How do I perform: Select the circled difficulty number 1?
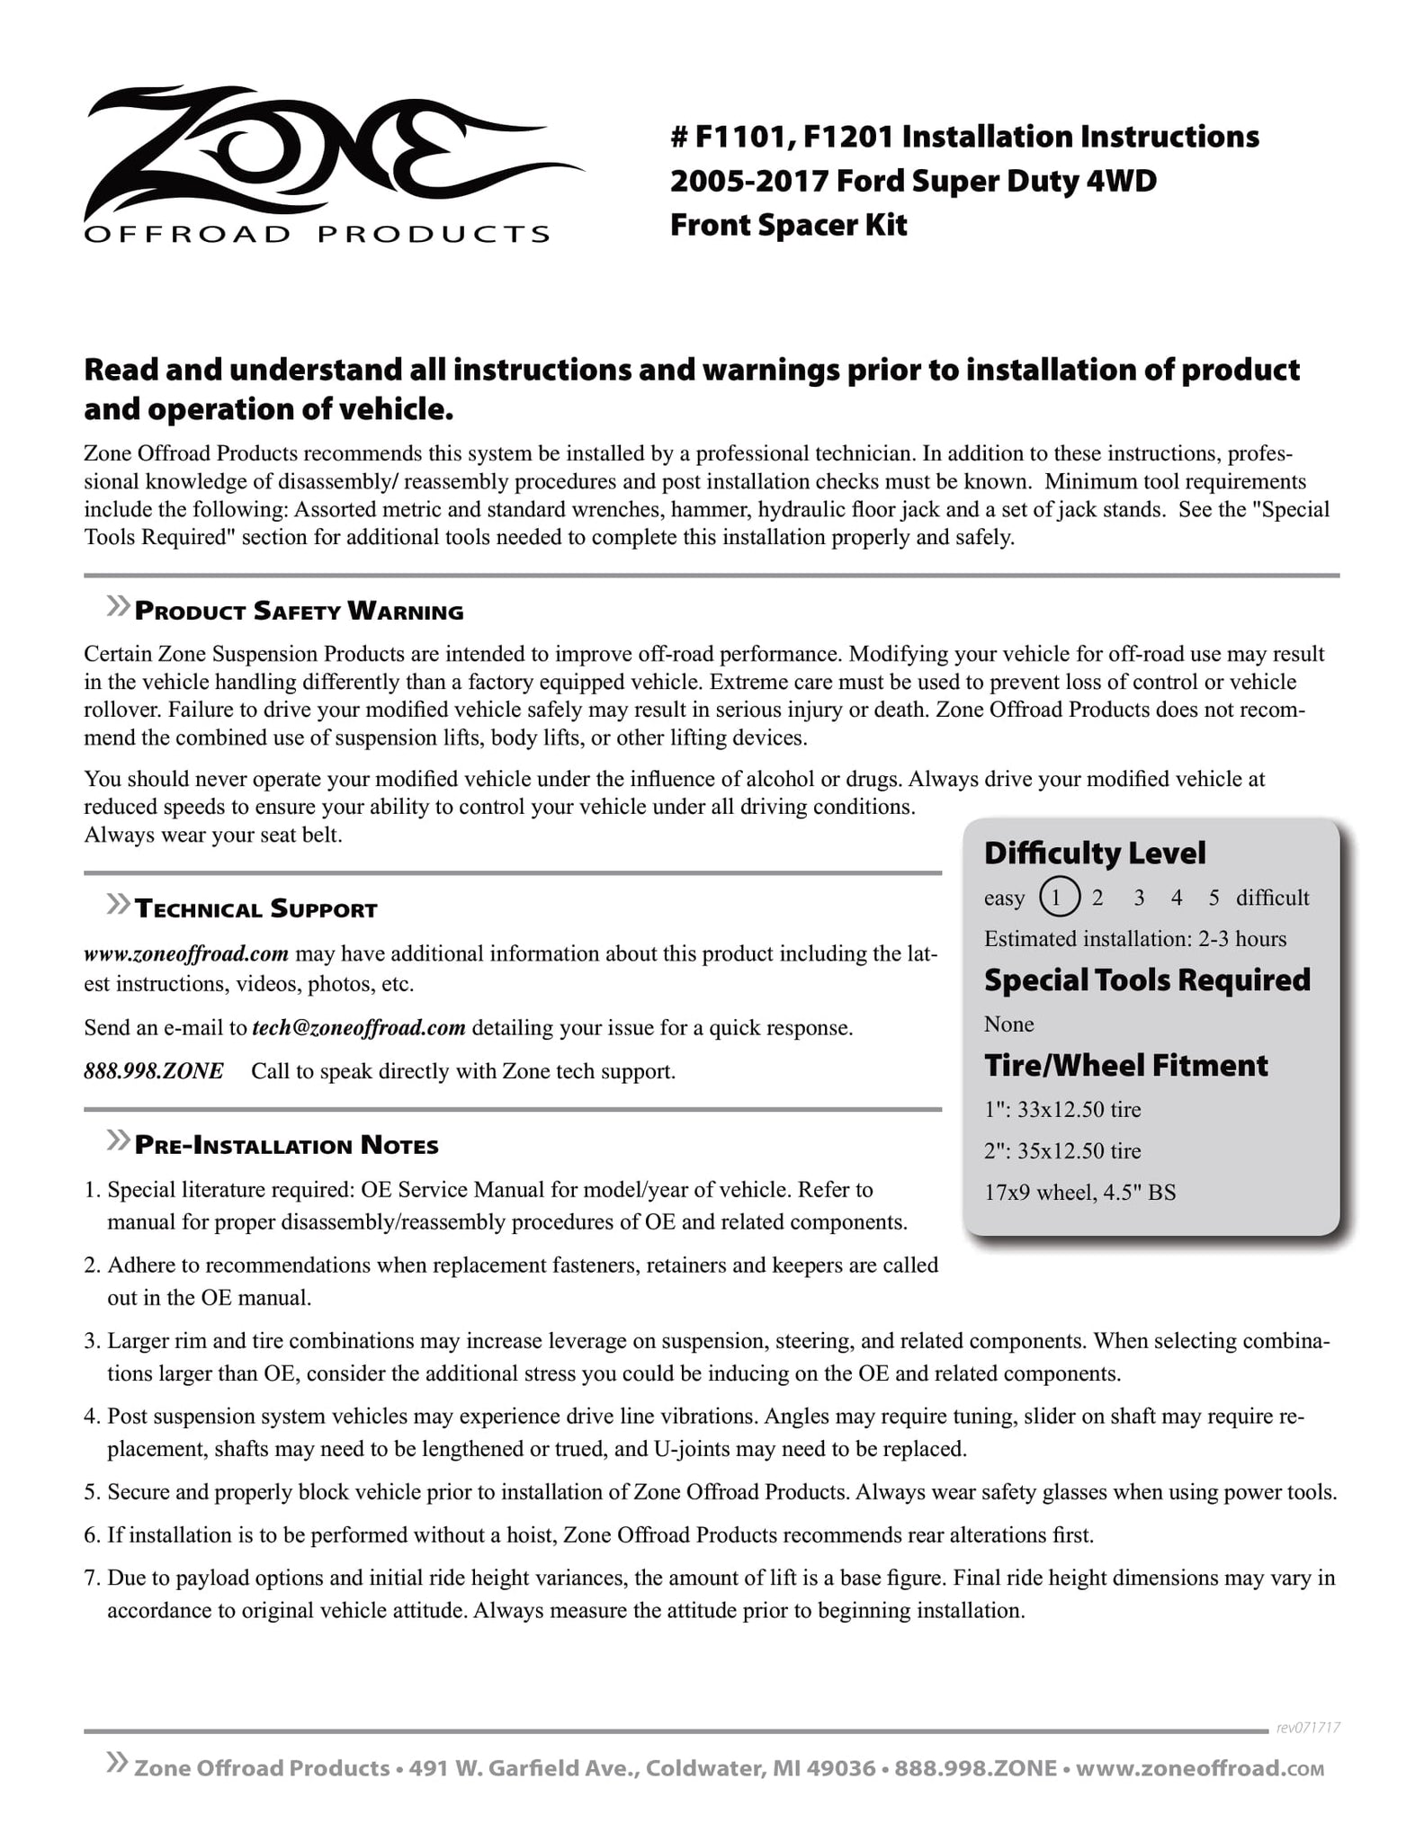(x=1058, y=897)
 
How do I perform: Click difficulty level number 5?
(x=1214, y=897)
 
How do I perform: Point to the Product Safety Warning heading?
(x=299, y=612)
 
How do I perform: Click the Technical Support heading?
(x=255, y=909)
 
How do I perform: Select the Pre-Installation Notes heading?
(x=286, y=1145)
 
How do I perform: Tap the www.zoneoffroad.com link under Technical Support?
(x=186, y=952)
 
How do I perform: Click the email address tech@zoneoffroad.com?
(x=359, y=1027)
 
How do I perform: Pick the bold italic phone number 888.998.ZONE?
(x=154, y=1071)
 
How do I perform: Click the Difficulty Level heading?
(x=1095, y=853)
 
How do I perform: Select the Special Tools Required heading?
(x=1147, y=979)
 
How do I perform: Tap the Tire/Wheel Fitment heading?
(x=1125, y=1065)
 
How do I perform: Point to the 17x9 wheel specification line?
(x=1079, y=1193)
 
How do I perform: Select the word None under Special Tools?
(x=1008, y=1024)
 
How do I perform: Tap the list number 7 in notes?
(x=91, y=1577)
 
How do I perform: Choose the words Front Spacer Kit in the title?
(x=788, y=225)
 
